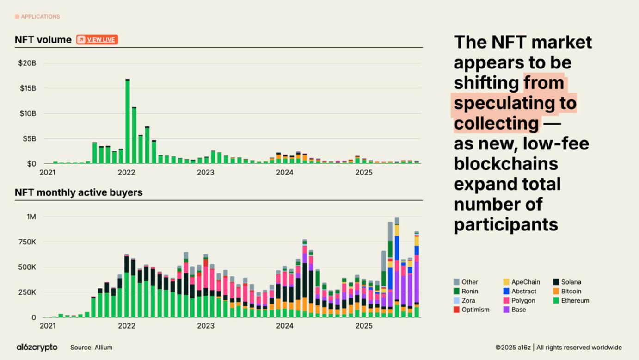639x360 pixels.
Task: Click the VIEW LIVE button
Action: pyautogui.click(x=97, y=40)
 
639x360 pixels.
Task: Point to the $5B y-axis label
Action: pyautogui.click(x=28, y=139)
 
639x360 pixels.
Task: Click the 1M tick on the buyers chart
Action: pyautogui.click(x=31, y=217)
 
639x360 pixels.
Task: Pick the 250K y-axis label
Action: pyautogui.click(x=27, y=292)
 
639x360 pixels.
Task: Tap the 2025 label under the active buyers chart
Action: pyautogui.click(x=364, y=326)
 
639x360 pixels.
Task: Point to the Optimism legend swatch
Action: pyautogui.click(x=457, y=310)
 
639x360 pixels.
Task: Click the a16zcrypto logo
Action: pyautogui.click(x=37, y=348)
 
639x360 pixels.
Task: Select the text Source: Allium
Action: pyautogui.click(x=91, y=348)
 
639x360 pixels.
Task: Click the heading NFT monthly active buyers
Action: pyautogui.click(x=79, y=192)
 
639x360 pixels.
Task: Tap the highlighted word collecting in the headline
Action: pyautogui.click(x=496, y=124)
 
